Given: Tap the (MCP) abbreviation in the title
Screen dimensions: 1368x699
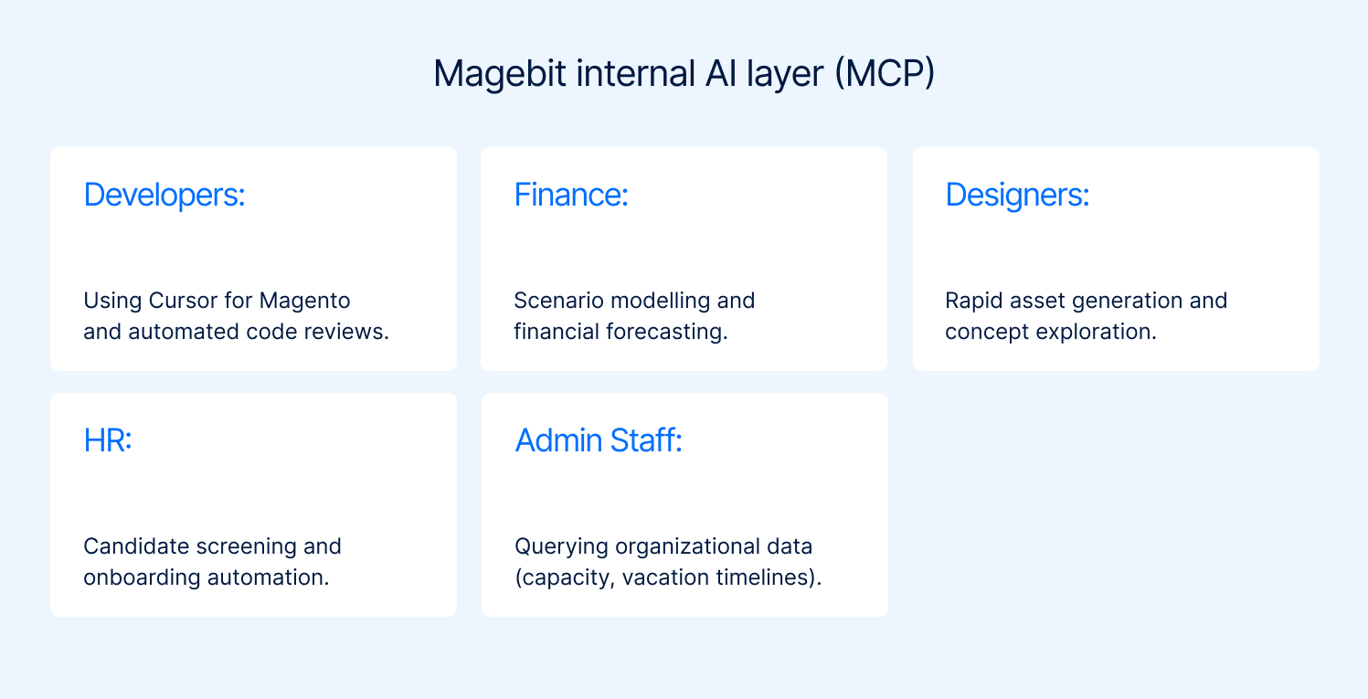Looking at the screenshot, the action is click(x=883, y=74).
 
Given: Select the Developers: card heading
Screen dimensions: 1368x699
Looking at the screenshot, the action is click(x=164, y=195).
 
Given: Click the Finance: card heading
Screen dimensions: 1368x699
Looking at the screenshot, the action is click(x=571, y=195).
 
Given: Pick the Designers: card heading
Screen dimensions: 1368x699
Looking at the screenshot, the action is click(x=1017, y=195).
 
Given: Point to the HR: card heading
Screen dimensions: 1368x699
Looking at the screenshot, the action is click(x=108, y=440).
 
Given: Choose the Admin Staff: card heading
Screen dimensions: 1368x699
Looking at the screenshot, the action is click(x=599, y=440).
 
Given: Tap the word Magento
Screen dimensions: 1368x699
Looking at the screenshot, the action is click(x=305, y=301).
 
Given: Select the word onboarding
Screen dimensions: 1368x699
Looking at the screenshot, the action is click(x=143, y=577).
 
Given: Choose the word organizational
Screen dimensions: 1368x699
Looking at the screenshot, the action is click(x=674, y=546).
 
